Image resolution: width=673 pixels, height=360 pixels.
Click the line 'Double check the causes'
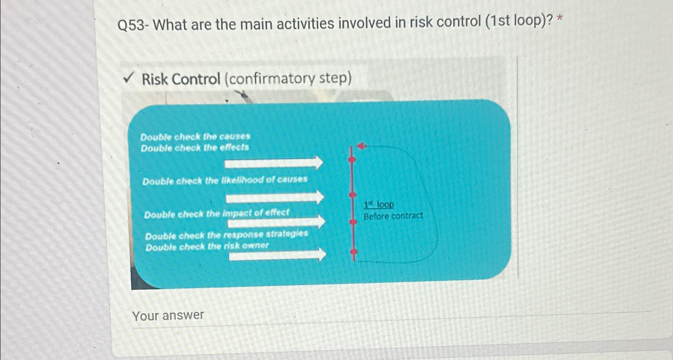pos(195,136)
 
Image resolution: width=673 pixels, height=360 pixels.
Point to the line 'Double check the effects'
pos(195,148)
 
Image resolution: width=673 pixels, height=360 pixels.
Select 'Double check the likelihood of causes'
pos(225,180)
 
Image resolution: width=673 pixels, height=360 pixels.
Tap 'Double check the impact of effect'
pos(216,214)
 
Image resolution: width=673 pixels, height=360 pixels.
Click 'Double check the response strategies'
pos(226,234)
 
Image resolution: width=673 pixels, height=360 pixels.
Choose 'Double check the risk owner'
pos(207,246)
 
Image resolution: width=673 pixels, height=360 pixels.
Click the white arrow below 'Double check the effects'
pos(274,163)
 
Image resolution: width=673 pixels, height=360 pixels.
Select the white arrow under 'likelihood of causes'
pos(275,197)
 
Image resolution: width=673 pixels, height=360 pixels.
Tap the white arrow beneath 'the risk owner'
pos(277,255)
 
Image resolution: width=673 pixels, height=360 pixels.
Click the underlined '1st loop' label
pos(379,205)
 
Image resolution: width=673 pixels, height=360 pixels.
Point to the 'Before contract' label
pos(393,216)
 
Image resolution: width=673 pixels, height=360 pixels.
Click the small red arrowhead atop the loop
pos(362,146)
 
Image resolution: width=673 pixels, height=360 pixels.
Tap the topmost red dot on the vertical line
pos(352,159)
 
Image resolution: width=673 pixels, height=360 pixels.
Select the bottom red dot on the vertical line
pos(354,252)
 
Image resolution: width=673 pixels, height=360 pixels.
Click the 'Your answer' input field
pos(361,317)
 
